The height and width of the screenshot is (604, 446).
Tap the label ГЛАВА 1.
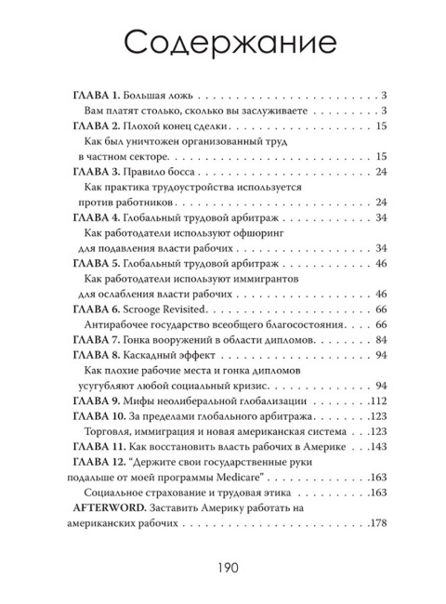click(x=98, y=95)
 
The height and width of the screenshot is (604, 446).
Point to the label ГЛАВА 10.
click(x=101, y=415)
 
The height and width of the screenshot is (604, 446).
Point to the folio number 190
click(x=223, y=569)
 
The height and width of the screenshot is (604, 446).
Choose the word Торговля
click(x=111, y=433)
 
